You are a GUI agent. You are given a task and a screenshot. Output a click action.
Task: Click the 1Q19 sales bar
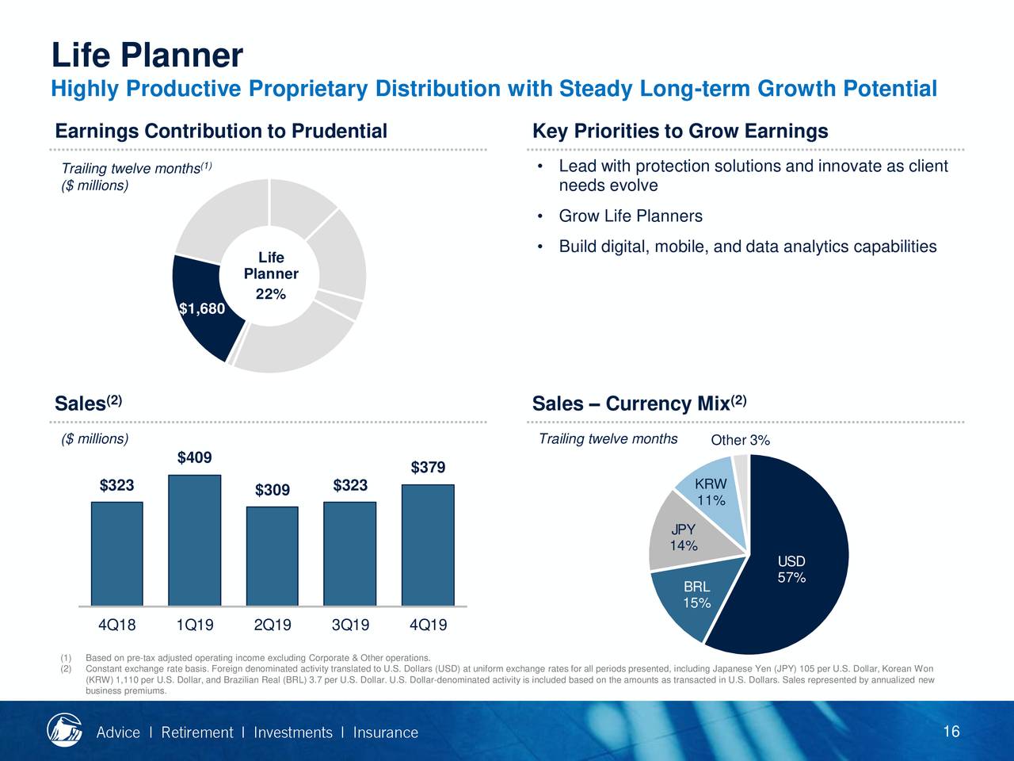(194, 540)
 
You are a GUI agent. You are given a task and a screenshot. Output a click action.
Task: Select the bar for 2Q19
(272, 556)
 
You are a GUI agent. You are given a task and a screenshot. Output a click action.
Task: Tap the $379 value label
(428, 468)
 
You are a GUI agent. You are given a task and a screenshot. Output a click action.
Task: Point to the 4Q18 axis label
(116, 625)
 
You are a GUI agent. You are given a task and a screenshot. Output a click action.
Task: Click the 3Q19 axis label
(350, 625)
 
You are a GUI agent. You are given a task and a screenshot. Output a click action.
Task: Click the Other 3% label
(740, 441)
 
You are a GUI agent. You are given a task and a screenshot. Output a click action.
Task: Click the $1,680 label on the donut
(202, 309)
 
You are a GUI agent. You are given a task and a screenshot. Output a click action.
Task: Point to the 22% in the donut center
(270, 294)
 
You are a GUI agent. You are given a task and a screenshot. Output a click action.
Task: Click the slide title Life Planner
(147, 55)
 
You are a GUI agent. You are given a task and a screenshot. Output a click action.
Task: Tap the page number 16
(951, 731)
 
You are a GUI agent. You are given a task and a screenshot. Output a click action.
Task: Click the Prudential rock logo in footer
(64, 730)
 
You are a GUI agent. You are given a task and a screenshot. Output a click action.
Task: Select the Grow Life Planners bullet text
(631, 216)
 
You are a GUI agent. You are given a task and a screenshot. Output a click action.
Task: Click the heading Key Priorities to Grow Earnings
(680, 131)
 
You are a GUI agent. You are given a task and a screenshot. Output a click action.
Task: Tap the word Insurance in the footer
(385, 732)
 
